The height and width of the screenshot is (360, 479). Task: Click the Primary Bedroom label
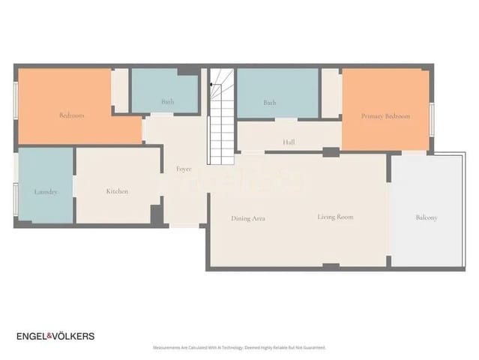click(x=385, y=116)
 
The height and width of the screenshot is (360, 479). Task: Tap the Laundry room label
click(x=46, y=191)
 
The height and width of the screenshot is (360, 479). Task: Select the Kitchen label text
click(x=117, y=191)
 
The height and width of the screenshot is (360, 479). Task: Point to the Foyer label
click(x=184, y=169)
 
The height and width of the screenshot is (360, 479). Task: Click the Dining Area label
click(x=248, y=218)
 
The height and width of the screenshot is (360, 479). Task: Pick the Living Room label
click(x=335, y=217)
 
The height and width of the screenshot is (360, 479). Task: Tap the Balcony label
click(x=427, y=217)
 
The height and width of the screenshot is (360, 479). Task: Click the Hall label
click(x=289, y=142)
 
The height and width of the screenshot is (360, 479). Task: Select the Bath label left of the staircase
click(x=168, y=101)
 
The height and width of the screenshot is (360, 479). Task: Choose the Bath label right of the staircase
click(x=270, y=102)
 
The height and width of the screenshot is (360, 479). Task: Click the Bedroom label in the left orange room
click(x=71, y=115)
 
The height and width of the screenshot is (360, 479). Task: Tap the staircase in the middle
click(x=223, y=112)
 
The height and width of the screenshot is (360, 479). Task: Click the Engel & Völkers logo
click(x=55, y=336)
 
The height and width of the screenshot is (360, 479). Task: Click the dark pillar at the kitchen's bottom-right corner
click(x=157, y=214)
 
